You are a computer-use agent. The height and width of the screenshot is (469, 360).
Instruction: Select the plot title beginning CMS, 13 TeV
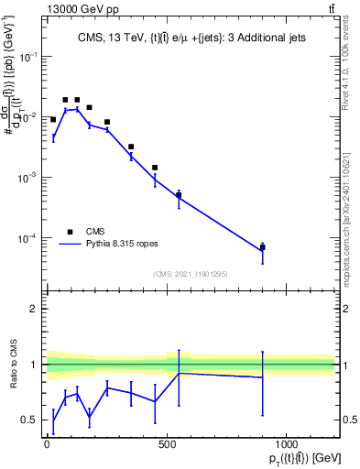tap(193, 38)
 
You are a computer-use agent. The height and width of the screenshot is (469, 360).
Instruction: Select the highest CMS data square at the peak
tap(66, 100)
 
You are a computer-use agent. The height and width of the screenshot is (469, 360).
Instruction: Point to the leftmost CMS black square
tap(53, 119)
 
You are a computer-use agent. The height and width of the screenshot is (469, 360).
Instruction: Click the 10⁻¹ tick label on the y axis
tap(28, 57)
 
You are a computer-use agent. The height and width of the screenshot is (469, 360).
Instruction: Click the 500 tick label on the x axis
tap(167, 445)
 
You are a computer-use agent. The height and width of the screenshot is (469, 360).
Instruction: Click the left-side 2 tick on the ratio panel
tap(34, 309)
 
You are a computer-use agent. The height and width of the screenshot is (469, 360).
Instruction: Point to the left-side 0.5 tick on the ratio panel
tap(30, 420)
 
